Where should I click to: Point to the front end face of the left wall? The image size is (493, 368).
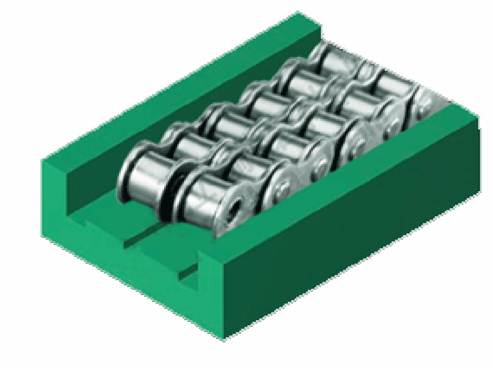[x=57, y=194]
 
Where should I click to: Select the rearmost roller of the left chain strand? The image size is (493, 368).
[x=333, y=57]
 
